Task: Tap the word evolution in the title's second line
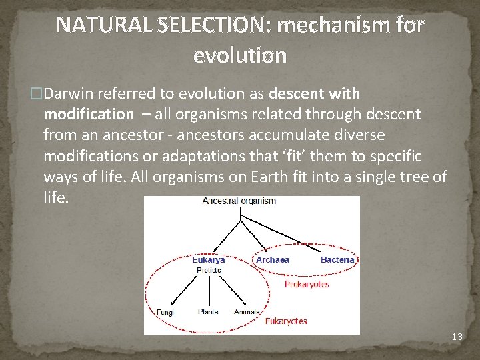240,55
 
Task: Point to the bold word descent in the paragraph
297,93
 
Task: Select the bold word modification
88,114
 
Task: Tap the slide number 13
457,337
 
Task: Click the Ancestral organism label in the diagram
239,201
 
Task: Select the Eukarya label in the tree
209,259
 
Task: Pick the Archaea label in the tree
273,259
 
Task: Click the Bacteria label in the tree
337,259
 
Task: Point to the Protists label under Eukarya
209,270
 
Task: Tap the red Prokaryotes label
307,285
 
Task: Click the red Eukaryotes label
286,321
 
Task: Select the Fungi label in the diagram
165,311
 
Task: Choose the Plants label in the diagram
208,311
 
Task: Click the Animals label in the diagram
247,311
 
